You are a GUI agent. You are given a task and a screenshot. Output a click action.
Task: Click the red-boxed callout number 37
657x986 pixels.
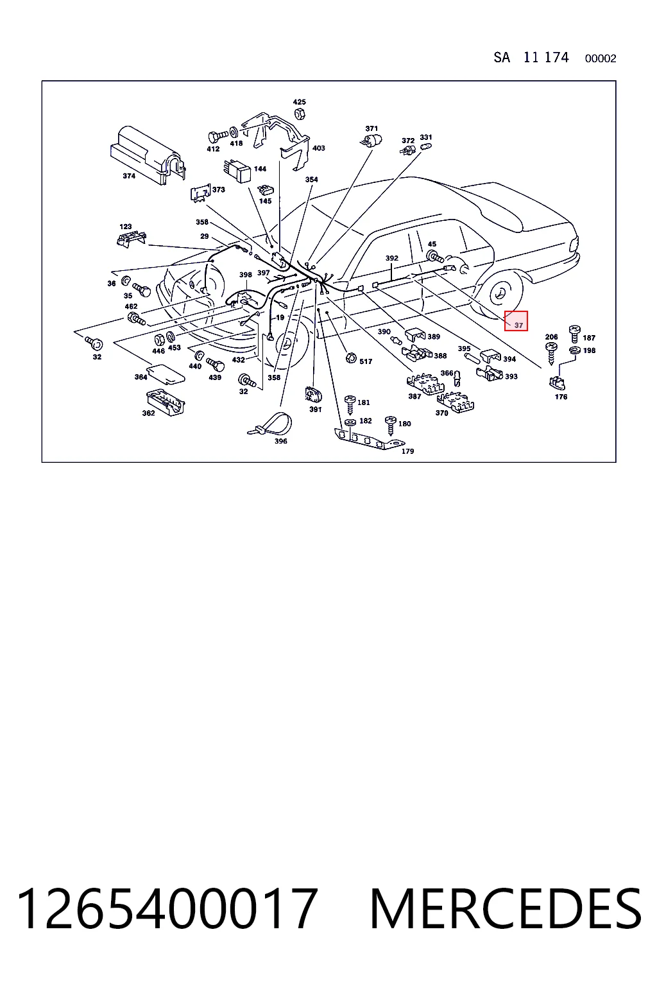tap(518, 325)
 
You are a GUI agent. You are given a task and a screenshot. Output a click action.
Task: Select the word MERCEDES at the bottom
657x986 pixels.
tap(506, 909)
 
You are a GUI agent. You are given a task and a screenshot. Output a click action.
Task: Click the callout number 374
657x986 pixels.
tap(129, 176)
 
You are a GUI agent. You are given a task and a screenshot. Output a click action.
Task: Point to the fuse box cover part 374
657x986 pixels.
tap(148, 155)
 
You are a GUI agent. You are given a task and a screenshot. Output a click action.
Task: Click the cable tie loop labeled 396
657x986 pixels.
tap(271, 424)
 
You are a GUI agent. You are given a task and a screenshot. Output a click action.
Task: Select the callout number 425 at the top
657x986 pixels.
tap(299, 101)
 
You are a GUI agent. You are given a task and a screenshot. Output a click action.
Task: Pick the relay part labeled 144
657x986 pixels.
tap(237, 171)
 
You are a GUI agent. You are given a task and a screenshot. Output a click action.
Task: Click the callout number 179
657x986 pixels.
tap(407, 451)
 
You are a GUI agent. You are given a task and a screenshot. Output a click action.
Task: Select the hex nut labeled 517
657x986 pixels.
tap(351, 358)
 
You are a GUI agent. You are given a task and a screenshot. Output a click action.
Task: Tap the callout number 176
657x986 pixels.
tap(561, 397)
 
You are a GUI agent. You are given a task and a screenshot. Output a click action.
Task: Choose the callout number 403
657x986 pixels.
tap(319, 148)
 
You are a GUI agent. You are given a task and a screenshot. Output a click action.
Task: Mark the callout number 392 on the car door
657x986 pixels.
tap(391, 258)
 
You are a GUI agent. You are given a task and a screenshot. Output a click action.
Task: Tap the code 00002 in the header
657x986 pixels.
tap(601, 58)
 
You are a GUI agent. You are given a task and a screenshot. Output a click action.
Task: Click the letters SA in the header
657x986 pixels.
tap(502, 58)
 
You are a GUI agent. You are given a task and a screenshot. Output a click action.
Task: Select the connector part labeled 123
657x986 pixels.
tap(131, 239)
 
